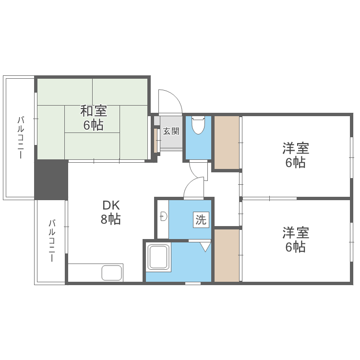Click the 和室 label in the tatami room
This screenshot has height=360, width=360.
(93, 111)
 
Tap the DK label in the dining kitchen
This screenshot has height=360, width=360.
(110, 205)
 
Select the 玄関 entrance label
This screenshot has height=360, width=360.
(171, 131)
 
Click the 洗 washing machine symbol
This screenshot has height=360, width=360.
(201, 220)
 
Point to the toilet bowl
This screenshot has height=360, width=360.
(198, 126)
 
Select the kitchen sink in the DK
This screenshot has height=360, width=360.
(112, 273)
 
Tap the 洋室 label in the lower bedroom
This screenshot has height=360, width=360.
(295, 233)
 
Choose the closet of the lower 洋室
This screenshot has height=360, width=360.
(226, 255)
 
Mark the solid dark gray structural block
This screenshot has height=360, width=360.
(50, 180)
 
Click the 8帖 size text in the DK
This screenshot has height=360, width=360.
(110, 220)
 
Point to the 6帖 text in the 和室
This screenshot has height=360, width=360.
(93, 126)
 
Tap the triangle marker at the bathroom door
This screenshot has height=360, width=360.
(205, 247)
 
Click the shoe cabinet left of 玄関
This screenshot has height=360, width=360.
(156, 139)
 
